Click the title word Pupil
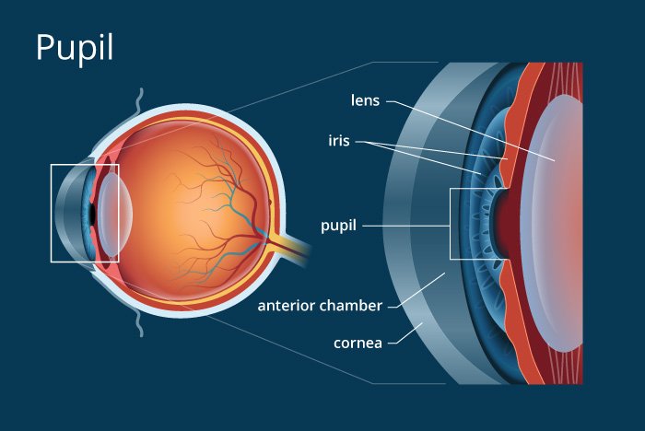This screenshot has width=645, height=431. click(74, 48)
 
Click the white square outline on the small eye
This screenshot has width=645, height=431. click(52, 213)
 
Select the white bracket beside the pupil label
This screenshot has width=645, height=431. click(451, 224)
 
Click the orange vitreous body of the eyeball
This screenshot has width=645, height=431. click(184, 184)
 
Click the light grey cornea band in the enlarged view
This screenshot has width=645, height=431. click(405, 221)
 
